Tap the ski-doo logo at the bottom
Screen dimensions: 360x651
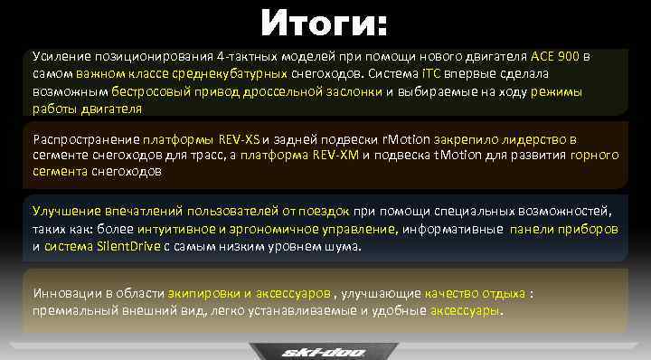pyautogui.click(x=325, y=351)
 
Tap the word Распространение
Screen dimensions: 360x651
pyautogui.click(x=86, y=139)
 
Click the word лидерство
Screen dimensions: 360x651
pyautogui.click(x=533, y=139)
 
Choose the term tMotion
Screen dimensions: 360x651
pyautogui.click(x=442, y=155)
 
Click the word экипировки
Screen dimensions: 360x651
pyautogui.click(x=201, y=294)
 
